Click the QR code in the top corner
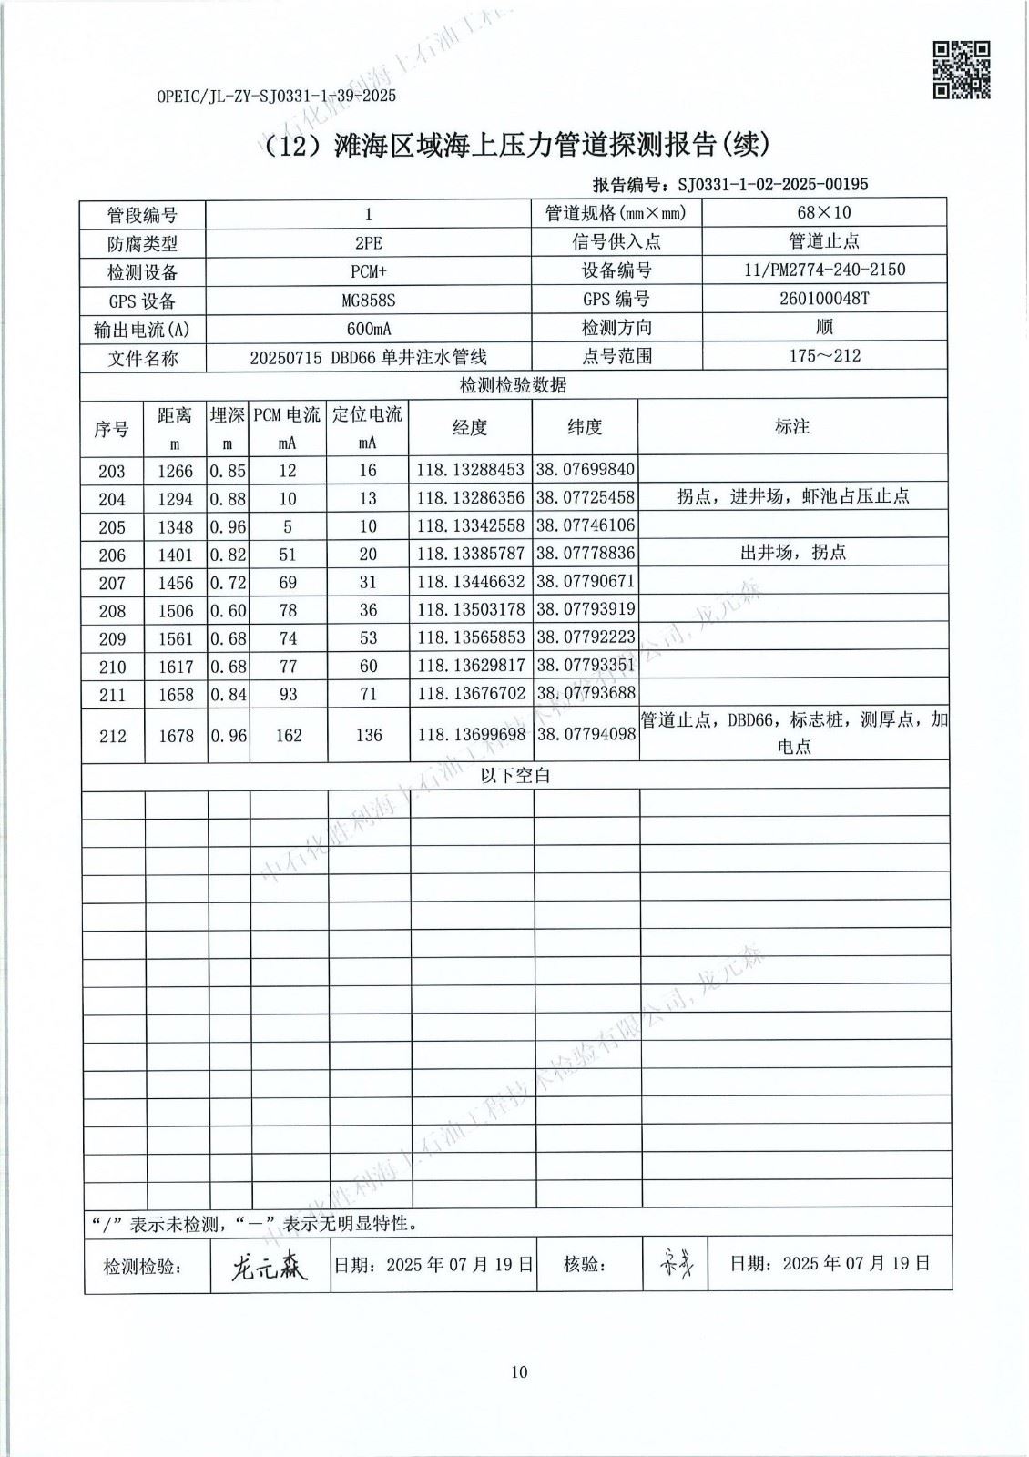(x=962, y=69)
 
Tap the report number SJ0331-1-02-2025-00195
(x=773, y=185)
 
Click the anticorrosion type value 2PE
(x=368, y=243)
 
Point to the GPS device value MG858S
(x=368, y=300)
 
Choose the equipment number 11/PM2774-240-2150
(x=824, y=270)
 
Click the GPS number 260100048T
(x=824, y=299)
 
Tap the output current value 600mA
(x=368, y=329)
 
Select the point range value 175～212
(x=824, y=355)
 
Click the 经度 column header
(x=470, y=427)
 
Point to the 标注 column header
(x=792, y=426)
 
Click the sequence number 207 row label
(x=113, y=583)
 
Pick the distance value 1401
(x=175, y=555)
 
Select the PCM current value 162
(x=288, y=735)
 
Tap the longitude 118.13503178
(x=470, y=610)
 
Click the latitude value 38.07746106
(x=585, y=526)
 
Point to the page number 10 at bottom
(x=519, y=1372)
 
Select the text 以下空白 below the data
(x=515, y=777)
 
